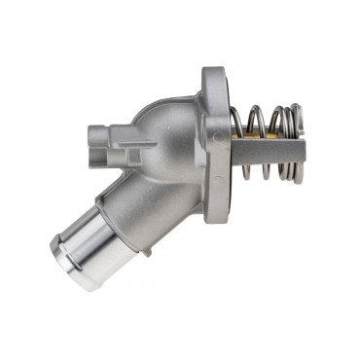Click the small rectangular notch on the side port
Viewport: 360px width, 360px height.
coord(116,146)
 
